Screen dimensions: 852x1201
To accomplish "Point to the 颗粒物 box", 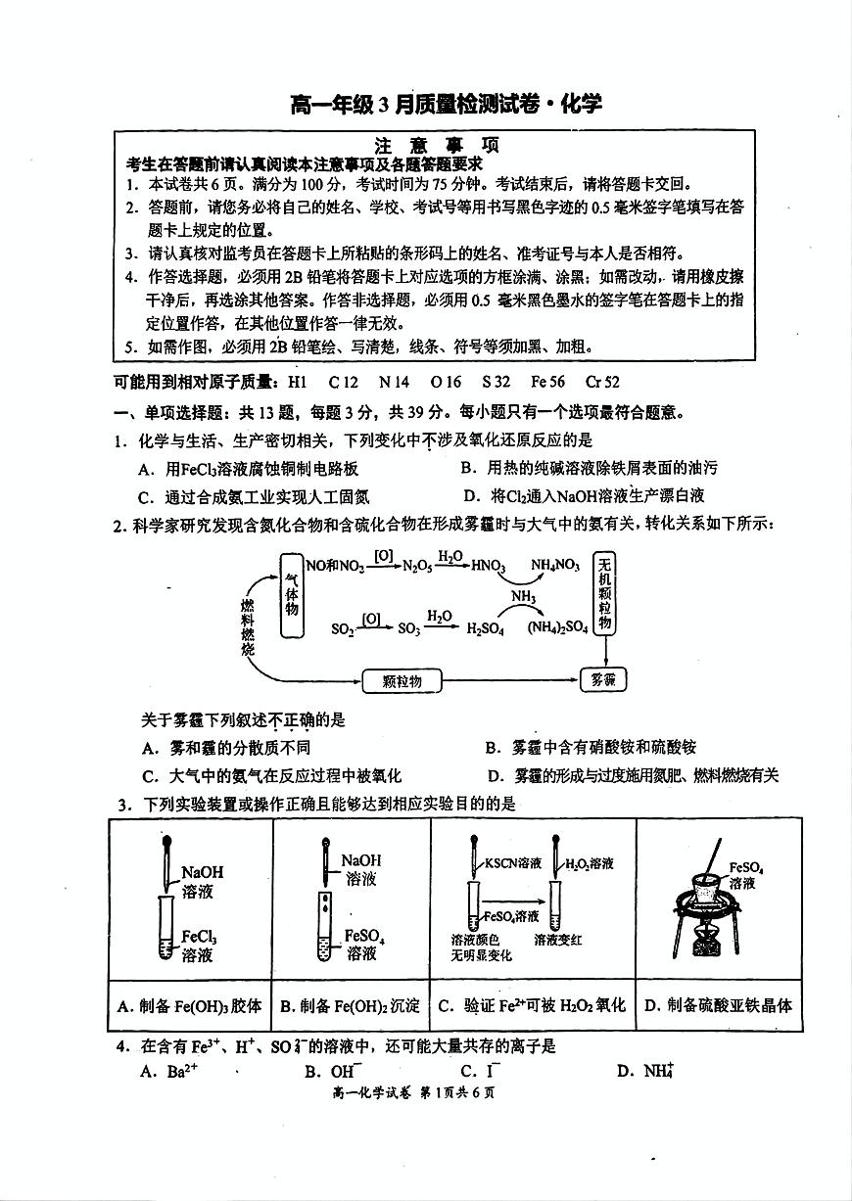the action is [x=402, y=681].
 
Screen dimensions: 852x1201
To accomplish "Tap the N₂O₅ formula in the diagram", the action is [x=417, y=566].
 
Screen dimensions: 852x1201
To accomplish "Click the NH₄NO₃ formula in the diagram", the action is [x=554, y=566].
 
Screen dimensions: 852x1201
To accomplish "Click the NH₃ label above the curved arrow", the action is [x=524, y=597].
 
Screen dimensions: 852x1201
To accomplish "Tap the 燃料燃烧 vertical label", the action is [x=248, y=627].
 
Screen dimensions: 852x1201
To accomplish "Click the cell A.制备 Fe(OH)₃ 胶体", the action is [x=190, y=1005].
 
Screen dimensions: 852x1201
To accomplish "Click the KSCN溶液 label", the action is [x=514, y=863].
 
